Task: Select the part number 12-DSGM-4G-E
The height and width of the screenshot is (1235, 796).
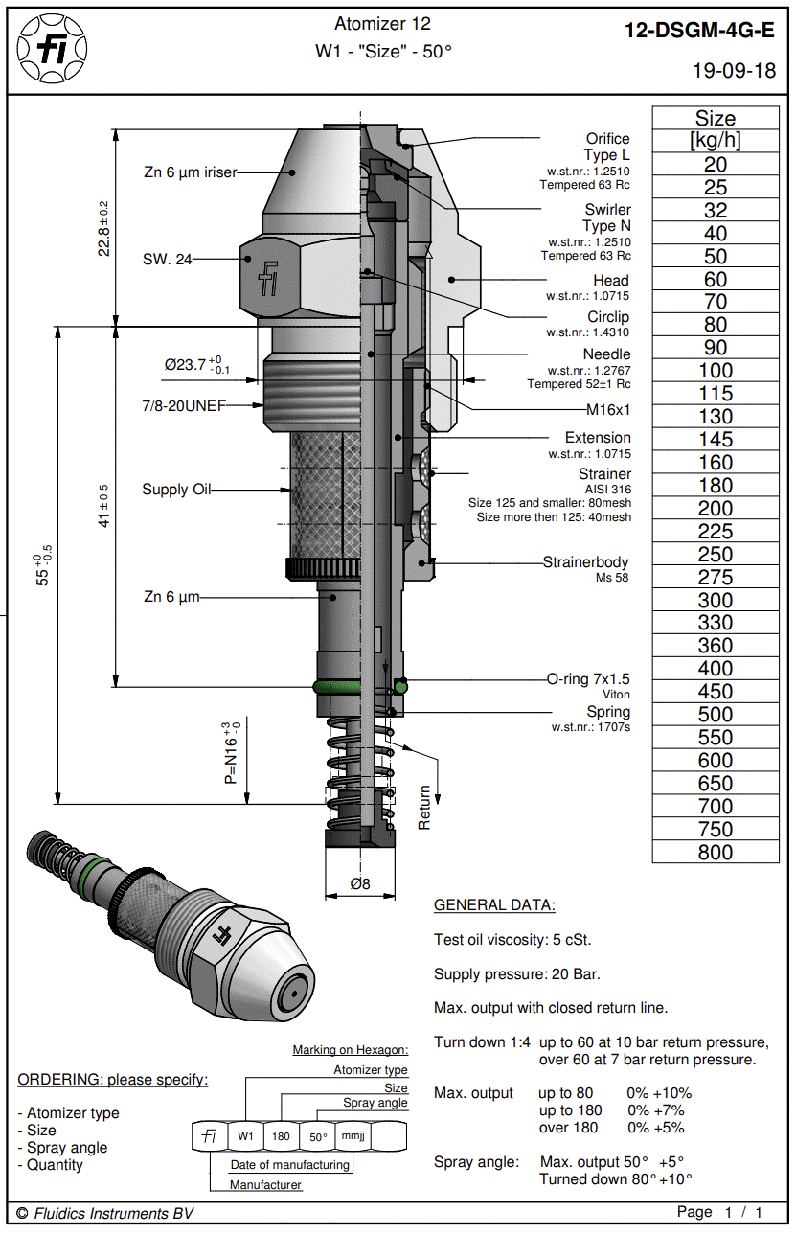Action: pos(699,31)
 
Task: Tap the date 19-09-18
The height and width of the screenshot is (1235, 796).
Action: pos(734,71)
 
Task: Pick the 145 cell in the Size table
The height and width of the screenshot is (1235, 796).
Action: pos(715,440)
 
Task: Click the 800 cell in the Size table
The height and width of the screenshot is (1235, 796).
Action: pos(715,853)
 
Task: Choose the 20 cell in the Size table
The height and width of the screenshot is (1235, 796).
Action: pos(715,164)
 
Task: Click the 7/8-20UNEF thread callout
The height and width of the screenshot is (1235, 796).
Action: pos(183,405)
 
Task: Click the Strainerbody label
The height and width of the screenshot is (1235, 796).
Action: pos(585,561)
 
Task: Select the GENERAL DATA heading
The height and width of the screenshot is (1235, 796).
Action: pos(494,904)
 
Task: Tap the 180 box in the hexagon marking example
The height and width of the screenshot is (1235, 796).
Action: pos(281,1136)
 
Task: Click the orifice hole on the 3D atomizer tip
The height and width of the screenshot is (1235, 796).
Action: pos(292,994)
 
